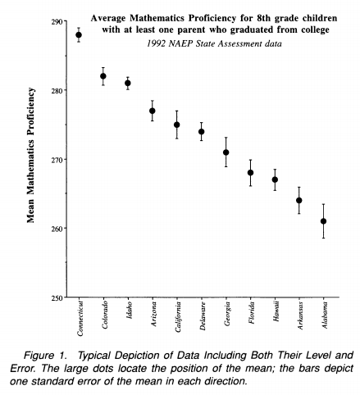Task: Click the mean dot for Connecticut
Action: pyautogui.click(x=79, y=35)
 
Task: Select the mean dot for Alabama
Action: pyautogui.click(x=323, y=221)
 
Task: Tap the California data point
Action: pyautogui.click(x=177, y=125)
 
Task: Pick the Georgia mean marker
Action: pyautogui.click(x=226, y=152)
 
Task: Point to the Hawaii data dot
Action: pyautogui.click(x=275, y=179)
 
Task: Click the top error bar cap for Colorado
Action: pyautogui.click(x=103, y=67)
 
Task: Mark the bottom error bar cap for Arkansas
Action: pyautogui.click(x=299, y=214)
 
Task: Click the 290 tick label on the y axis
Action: pyautogui.click(x=57, y=21)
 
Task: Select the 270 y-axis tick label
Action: pyautogui.click(x=57, y=159)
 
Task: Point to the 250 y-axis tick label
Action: pyautogui.click(x=57, y=297)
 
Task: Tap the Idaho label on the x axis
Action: pyautogui.click(x=130, y=310)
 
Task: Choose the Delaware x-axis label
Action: pyautogui.click(x=203, y=316)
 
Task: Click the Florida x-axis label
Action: pyautogui.click(x=252, y=312)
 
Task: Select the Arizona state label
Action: pyautogui.click(x=154, y=314)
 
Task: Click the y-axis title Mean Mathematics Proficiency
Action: pyautogui.click(x=31, y=155)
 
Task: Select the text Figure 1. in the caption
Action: pyautogui.click(x=45, y=356)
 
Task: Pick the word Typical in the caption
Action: pyautogui.click(x=93, y=356)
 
